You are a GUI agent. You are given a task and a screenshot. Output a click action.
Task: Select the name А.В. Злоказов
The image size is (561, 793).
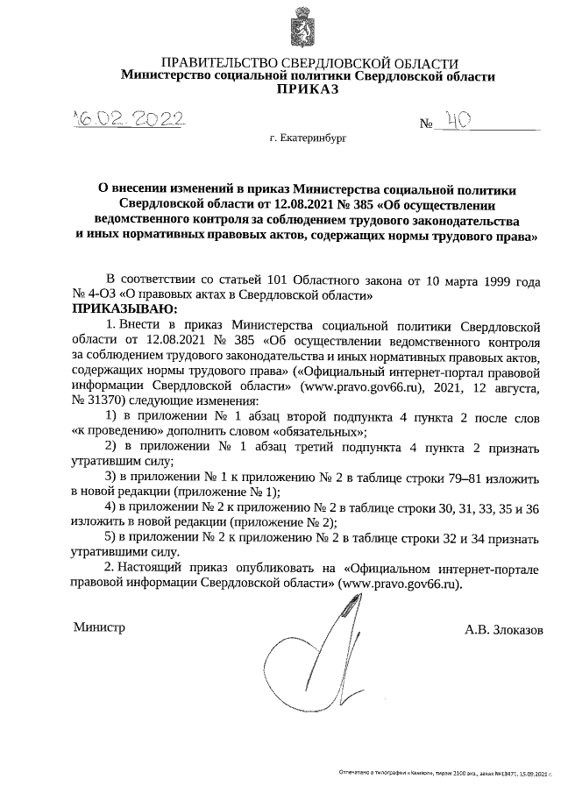(504, 629)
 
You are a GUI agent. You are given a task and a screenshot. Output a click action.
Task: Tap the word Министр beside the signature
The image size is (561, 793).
(98, 627)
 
